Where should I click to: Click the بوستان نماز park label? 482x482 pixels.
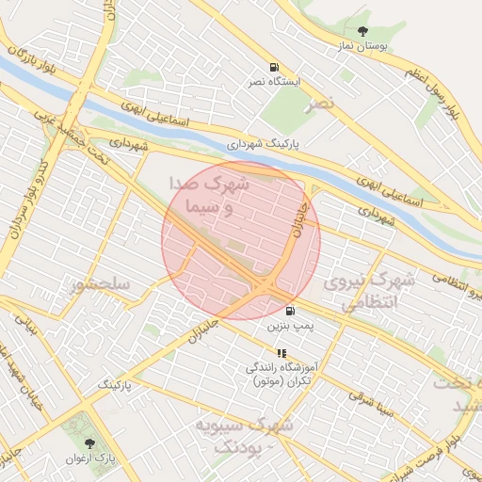point(363,45)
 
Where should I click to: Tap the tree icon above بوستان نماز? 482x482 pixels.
point(363,31)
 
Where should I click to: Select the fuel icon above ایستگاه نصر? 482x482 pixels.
point(274,67)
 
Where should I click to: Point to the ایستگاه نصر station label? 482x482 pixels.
point(274,82)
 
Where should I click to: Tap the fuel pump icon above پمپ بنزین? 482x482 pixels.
point(289,312)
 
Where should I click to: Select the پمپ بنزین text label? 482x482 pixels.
point(289,327)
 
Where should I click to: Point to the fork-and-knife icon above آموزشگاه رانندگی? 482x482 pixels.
point(281,353)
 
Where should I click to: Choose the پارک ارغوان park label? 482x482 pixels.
point(89,458)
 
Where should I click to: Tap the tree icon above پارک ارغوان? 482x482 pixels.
point(89,442)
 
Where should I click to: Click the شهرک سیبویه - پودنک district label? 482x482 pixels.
point(243,435)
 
